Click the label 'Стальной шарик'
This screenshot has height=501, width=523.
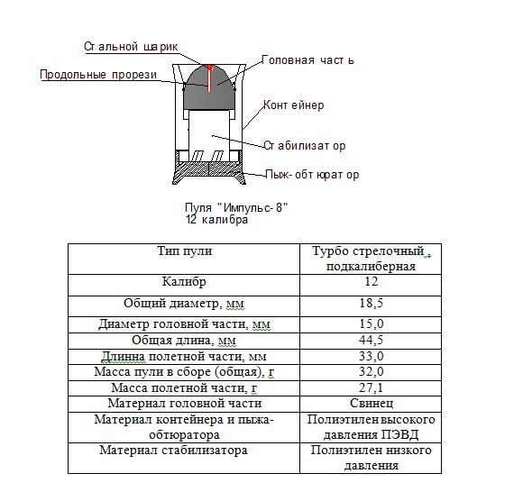(131, 45)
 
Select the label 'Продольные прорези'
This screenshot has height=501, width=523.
(98, 75)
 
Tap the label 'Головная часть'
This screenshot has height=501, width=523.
(307, 60)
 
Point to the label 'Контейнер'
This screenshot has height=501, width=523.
(294, 105)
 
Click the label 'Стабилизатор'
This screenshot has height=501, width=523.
(305, 145)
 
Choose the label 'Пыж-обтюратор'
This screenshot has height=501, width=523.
(312, 175)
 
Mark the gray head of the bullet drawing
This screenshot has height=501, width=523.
(198, 95)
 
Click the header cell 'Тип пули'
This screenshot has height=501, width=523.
(185, 251)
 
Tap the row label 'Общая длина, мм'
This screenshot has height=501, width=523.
(185, 341)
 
